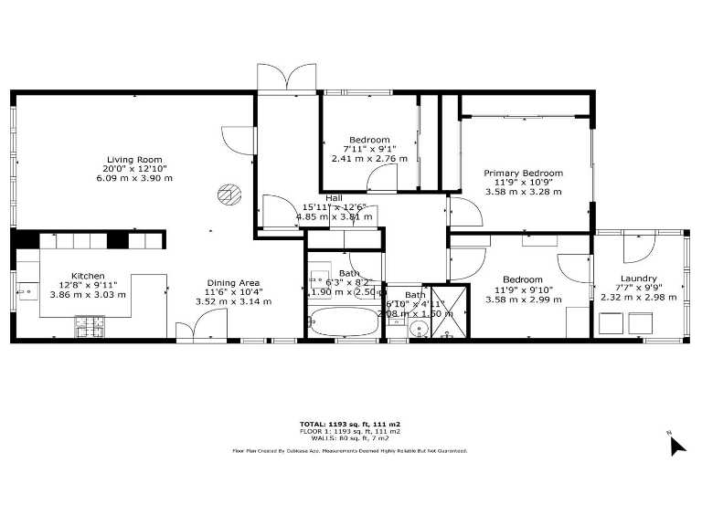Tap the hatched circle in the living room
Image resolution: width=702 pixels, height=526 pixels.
pyautogui.click(x=227, y=193)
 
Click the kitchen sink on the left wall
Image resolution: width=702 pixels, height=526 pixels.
pyautogui.click(x=27, y=293)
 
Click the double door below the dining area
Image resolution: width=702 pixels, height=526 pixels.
pyautogui.click(x=202, y=326)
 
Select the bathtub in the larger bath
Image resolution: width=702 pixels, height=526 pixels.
pyautogui.click(x=344, y=322)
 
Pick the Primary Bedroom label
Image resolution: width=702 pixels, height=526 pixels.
pyautogui.click(x=523, y=173)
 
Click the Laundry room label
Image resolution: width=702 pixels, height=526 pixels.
pyautogui.click(x=638, y=279)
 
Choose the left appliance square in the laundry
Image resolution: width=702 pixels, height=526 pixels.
pyautogui.click(x=612, y=322)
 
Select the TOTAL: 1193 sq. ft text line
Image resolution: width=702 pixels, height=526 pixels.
pyautogui.click(x=350, y=424)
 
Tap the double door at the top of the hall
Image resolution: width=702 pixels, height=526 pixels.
pyautogui.click(x=286, y=79)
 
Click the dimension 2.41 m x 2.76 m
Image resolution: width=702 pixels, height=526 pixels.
pyautogui.click(x=367, y=158)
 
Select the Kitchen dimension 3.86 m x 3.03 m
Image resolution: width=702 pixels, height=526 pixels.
pyautogui.click(x=88, y=294)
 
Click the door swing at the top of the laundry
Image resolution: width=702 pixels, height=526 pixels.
pyautogui.click(x=636, y=250)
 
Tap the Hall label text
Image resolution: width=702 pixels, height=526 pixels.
pyautogui.click(x=334, y=197)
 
